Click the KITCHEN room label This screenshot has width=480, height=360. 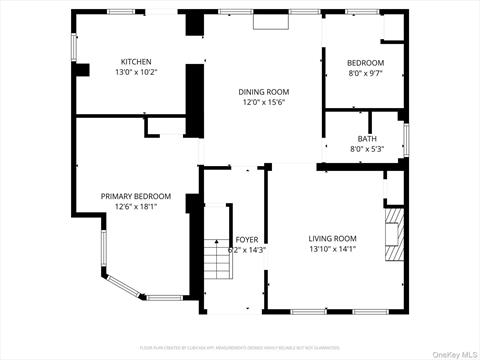click(x=136, y=61)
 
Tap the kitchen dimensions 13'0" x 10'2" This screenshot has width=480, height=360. click(x=136, y=72)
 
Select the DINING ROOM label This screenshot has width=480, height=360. click(x=263, y=91)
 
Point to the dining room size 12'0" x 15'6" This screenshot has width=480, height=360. click(x=263, y=102)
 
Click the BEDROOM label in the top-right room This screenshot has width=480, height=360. click(x=365, y=63)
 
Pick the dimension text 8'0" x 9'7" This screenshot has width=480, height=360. click(x=365, y=74)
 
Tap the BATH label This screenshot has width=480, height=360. click(x=366, y=139)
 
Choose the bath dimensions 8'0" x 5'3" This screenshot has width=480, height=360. click(x=366, y=150)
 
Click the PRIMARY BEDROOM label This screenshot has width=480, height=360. click(x=136, y=196)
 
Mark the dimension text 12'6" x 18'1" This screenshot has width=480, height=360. click(x=136, y=207)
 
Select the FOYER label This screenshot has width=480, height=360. click(x=247, y=239)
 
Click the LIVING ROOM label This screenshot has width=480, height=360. click(x=332, y=238)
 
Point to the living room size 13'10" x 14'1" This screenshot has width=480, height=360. click(x=332, y=249)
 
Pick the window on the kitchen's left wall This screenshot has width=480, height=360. click(x=73, y=46)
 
